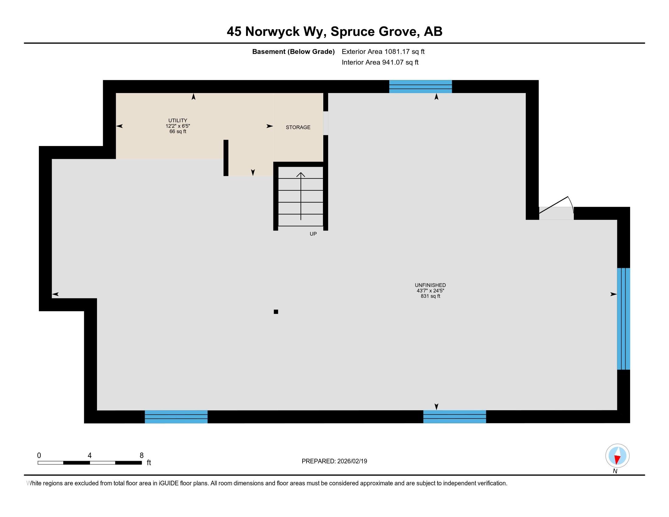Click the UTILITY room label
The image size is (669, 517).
point(177,120)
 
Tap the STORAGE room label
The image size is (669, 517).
point(298,127)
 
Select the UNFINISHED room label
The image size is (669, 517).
point(430,285)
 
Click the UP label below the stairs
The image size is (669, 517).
point(313,234)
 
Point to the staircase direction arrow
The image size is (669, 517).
point(300,196)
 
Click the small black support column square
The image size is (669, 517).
point(276,312)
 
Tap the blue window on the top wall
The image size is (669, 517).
point(420,86)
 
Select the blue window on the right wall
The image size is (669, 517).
point(623,318)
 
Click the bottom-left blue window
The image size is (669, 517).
point(176,417)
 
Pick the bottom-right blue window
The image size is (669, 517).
point(454,417)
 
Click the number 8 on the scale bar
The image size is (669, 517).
point(141,456)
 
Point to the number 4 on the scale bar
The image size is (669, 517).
point(89,456)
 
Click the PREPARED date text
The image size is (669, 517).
point(334,461)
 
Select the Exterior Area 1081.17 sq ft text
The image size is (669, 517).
point(383,51)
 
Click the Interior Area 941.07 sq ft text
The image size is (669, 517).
point(380,62)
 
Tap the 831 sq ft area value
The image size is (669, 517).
point(430,296)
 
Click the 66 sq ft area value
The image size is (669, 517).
point(177,132)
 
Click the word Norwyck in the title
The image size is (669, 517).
point(272,32)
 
